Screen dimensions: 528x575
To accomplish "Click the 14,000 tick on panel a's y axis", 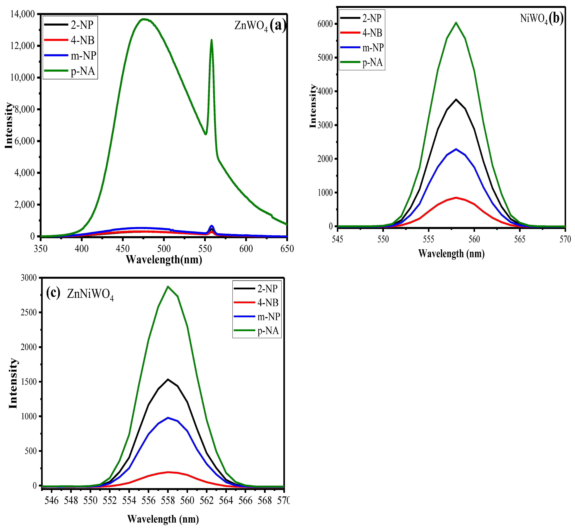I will point(22,14).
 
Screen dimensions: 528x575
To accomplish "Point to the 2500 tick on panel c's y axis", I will point(29,313).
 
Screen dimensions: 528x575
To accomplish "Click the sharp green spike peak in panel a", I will point(212,40).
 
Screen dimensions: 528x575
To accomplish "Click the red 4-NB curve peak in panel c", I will point(168,472).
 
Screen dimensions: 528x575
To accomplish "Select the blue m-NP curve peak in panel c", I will point(168,418).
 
